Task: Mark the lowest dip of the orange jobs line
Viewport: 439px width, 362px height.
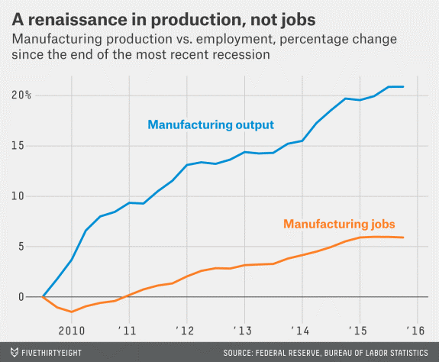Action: point(72,312)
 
